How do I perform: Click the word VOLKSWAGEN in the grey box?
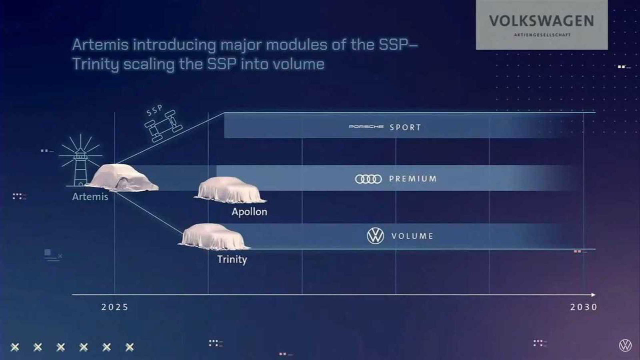coord(542,21)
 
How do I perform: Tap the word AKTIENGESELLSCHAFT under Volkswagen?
coord(542,35)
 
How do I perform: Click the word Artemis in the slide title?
coord(100,44)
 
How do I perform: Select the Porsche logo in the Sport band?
coord(366,127)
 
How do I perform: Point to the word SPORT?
coord(405,128)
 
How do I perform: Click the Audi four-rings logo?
coord(368,179)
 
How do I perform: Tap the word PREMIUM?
coord(413,179)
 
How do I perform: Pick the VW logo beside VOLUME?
coord(375,236)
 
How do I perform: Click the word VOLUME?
coord(412,236)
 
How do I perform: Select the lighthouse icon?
coord(80,162)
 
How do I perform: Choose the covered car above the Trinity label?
coord(214,237)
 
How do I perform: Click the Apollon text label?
coord(249,212)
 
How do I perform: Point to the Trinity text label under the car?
coord(232,259)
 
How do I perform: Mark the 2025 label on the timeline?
coord(115,307)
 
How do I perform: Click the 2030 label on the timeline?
coord(584,307)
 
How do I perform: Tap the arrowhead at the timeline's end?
coord(593,295)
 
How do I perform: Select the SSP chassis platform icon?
coord(164,126)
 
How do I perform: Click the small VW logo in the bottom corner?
coord(625,345)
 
